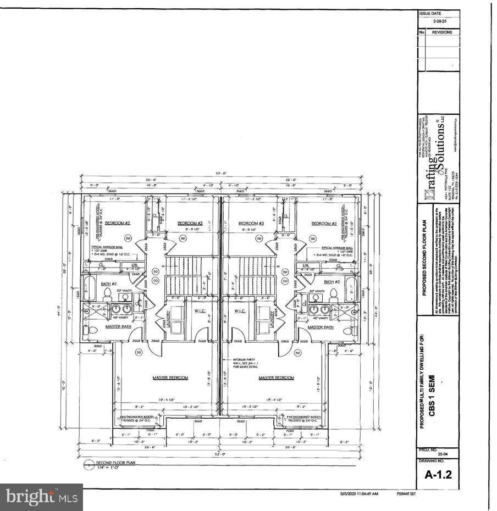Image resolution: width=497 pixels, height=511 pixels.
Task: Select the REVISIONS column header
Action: [442, 32]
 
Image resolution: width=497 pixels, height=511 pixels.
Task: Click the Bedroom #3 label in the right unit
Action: [251, 223]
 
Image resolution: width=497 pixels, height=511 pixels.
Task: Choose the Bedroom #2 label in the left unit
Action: [117, 223]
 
